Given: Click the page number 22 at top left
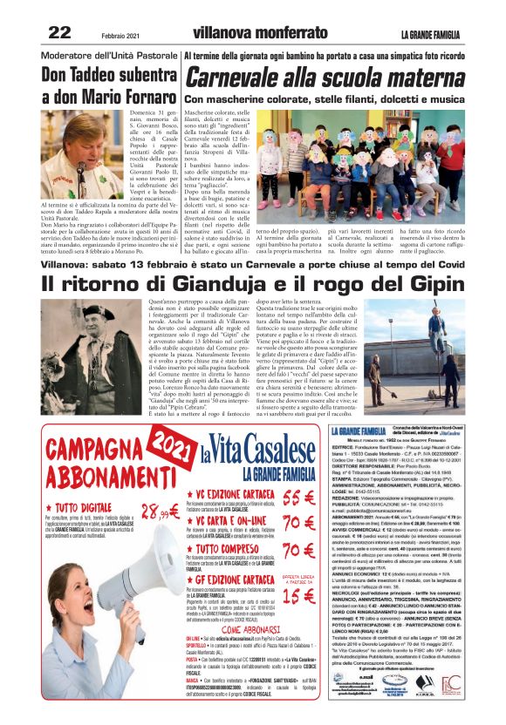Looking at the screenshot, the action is (59, 33).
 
